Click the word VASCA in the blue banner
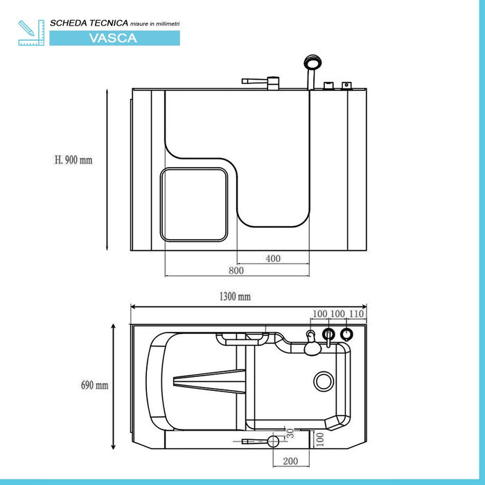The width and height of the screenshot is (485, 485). [113, 38]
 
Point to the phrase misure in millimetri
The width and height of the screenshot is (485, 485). [150, 24]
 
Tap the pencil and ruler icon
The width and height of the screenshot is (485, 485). [30, 33]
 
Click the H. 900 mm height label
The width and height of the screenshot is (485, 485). [73, 160]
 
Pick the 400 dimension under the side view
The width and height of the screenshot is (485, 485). [273, 258]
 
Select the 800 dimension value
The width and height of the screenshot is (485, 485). [236, 271]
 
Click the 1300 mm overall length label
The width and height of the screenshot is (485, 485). [234, 297]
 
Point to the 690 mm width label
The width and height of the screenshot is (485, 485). [95, 385]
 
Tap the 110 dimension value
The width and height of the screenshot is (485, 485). [357, 314]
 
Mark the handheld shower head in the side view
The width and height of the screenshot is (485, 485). [313, 66]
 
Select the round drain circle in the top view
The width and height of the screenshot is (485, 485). [324, 380]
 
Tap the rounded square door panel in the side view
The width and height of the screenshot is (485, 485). [195, 204]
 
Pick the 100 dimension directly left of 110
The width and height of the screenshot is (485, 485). [337, 314]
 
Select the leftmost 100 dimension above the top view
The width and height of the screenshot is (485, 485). [319, 314]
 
